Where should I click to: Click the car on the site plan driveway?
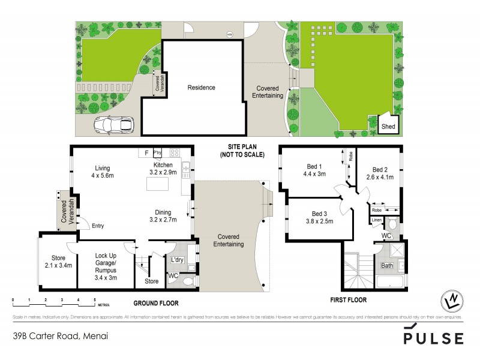tap(113, 125)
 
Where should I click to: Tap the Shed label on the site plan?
tap(389, 127)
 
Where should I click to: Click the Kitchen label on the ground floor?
tap(163, 164)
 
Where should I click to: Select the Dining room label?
tap(163, 212)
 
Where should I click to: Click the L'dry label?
tap(177, 260)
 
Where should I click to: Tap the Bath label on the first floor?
tap(388, 265)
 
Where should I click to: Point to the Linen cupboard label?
tap(376, 220)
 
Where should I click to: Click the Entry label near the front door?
tap(98, 226)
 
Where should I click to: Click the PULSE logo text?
tap(433, 338)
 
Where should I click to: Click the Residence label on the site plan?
tap(201, 88)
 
